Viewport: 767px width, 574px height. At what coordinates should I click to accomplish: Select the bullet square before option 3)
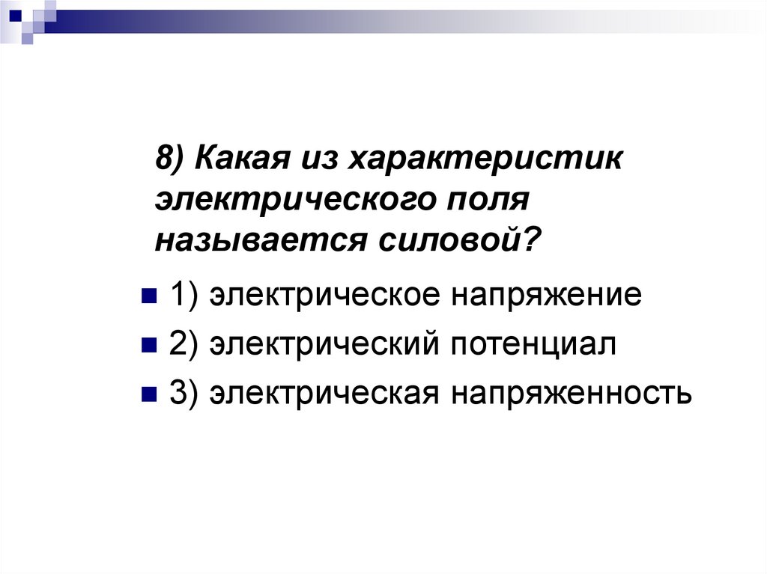tap(148, 393)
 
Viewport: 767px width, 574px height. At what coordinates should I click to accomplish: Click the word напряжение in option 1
tap(545, 295)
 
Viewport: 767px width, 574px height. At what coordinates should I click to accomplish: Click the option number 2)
tap(184, 345)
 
